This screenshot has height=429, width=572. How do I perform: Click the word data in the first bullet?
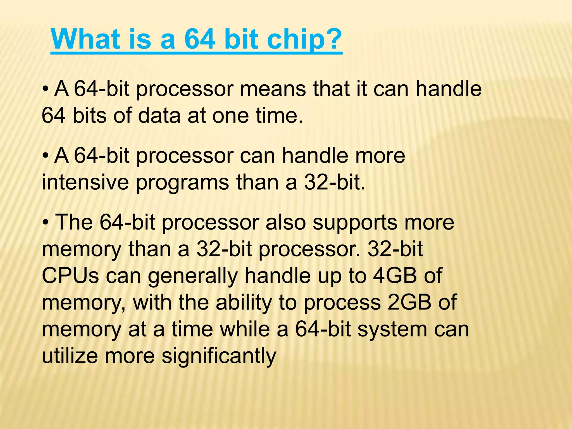159,116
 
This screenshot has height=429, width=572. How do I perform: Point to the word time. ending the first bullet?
280,116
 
